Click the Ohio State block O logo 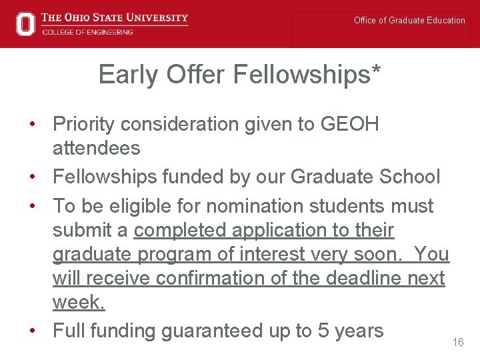pyautogui.click(x=25, y=23)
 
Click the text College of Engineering pyautogui.click(x=87, y=32)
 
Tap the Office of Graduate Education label pyautogui.click(x=409, y=21)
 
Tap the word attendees pyautogui.click(x=97, y=147)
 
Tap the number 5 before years pyautogui.click(x=325, y=330)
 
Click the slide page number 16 pyautogui.click(x=458, y=342)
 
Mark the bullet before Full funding pyautogui.click(x=32, y=330)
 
